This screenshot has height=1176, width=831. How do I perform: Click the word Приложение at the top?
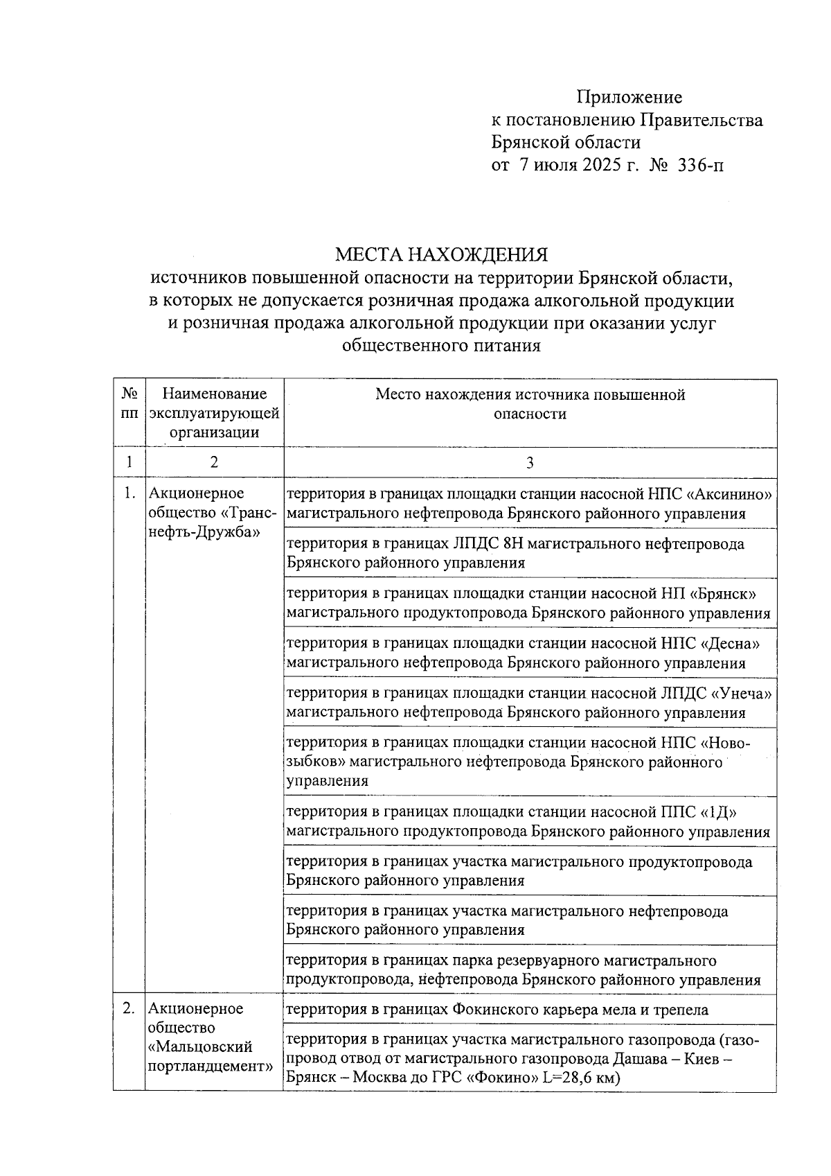(x=629, y=98)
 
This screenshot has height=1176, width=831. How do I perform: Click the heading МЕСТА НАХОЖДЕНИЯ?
(x=442, y=254)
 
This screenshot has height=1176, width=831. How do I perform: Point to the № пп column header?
(x=129, y=403)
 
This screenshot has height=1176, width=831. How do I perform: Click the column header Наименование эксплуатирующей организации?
(x=214, y=413)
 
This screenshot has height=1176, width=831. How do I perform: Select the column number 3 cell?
(x=530, y=463)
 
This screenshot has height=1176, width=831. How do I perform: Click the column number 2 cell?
(x=214, y=463)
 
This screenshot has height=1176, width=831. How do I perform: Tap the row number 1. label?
(x=128, y=494)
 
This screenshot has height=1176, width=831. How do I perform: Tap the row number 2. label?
(x=128, y=1009)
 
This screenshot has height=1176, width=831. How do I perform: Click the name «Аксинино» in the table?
(x=729, y=494)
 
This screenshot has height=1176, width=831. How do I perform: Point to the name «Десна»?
(x=730, y=644)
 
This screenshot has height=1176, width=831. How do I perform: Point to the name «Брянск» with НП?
(x=724, y=594)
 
